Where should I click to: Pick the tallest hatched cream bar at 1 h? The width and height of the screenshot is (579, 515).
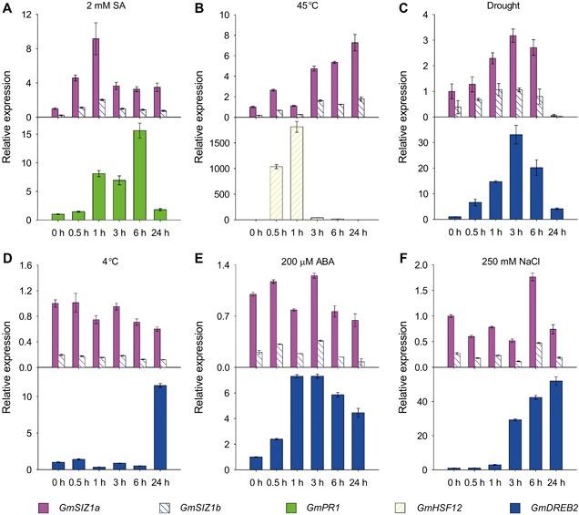pyautogui.click(x=297, y=173)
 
